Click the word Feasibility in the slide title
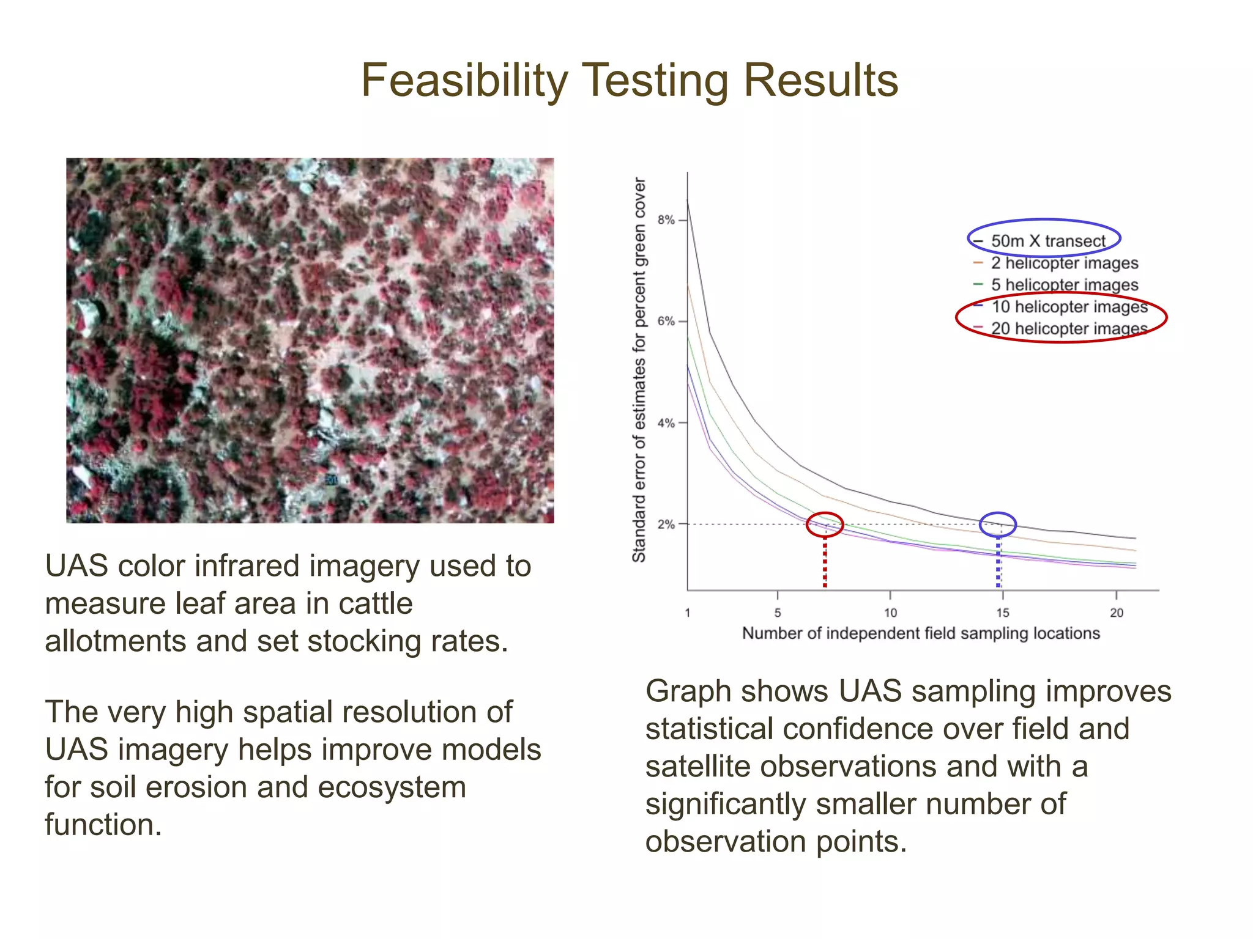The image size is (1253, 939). pyautogui.click(x=464, y=81)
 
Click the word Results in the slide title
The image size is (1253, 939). pyautogui.click(x=820, y=81)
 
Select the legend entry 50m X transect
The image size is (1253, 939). pyautogui.click(x=1047, y=241)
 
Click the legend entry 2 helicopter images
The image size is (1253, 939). pyautogui.click(x=1064, y=263)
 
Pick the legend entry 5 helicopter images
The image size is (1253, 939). pyautogui.click(x=1064, y=285)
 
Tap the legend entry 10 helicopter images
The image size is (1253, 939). pyautogui.click(x=1069, y=306)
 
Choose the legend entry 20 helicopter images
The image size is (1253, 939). pyautogui.click(x=1069, y=328)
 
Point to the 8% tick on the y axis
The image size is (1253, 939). pyautogui.click(x=666, y=220)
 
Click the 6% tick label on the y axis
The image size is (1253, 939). pyautogui.click(x=666, y=322)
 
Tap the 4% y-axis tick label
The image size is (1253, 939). pyautogui.click(x=666, y=423)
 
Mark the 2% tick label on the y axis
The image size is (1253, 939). pyautogui.click(x=666, y=525)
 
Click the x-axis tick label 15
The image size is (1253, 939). pyautogui.click(x=1002, y=613)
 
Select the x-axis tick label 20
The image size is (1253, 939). pyautogui.click(x=1117, y=613)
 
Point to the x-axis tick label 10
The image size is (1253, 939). pyautogui.click(x=890, y=613)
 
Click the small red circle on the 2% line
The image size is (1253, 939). pyautogui.click(x=825, y=525)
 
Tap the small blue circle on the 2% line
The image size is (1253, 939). pyautogui.click(x=998, y=525)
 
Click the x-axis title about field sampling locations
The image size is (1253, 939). pyautogui.click(x=921, y=633)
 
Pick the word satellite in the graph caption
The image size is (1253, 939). pyautogui.click(x=697, y=767)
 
